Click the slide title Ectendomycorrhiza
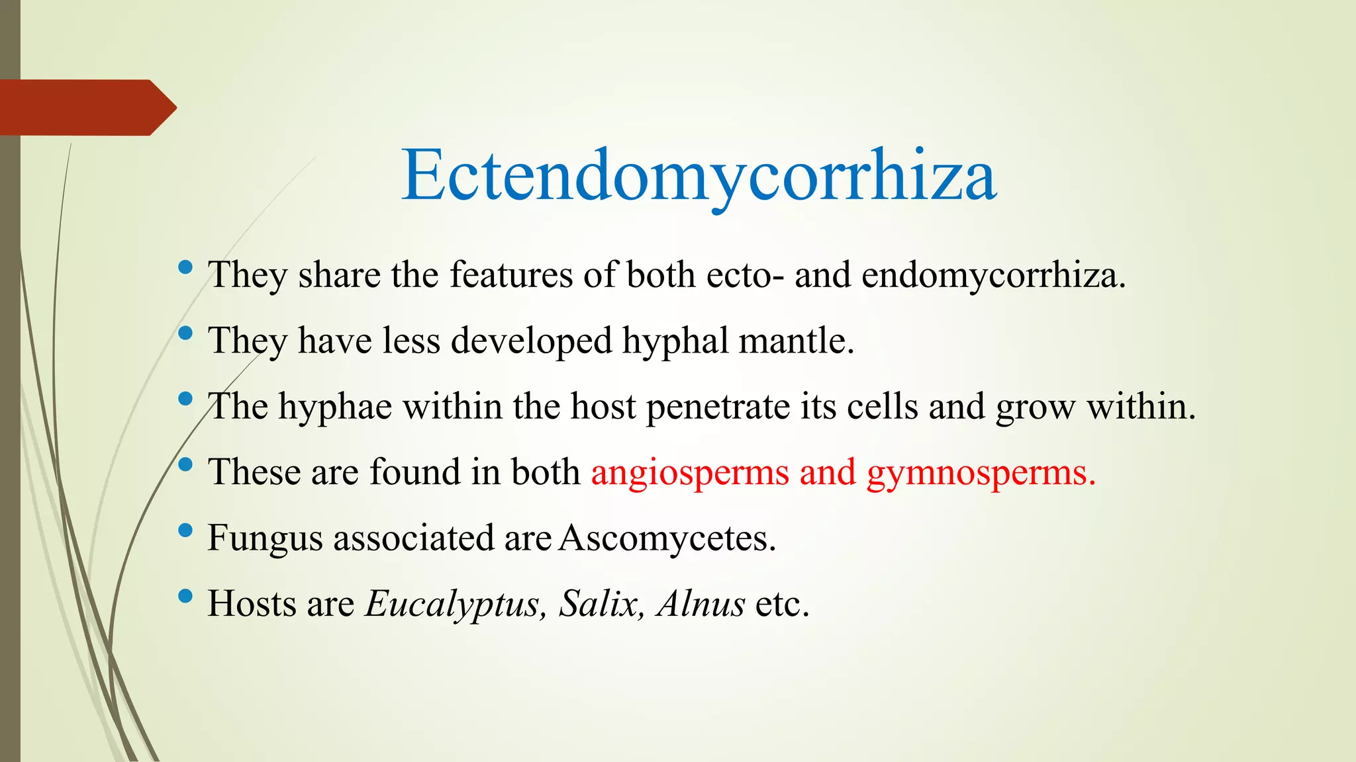pos(699,176)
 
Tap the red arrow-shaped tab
pos(86,107)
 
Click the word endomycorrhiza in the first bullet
pos(993,275)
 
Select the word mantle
pos(796,341)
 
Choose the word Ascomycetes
pos(667,538)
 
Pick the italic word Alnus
pos(701,603)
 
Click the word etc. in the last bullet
pos(783,603)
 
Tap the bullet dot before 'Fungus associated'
pos(185,530)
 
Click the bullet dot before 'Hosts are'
pos(185,597)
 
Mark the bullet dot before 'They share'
pos(185,268)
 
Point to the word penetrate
pos(718,407)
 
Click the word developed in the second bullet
pos(531,341)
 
